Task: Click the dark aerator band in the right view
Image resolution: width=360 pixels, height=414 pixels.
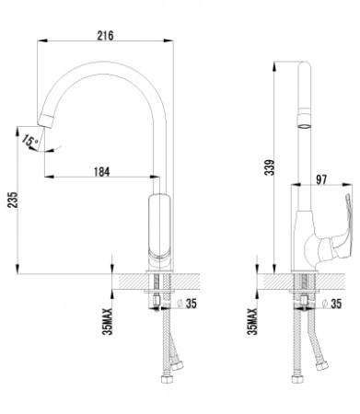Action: click(x=303, y=119)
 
